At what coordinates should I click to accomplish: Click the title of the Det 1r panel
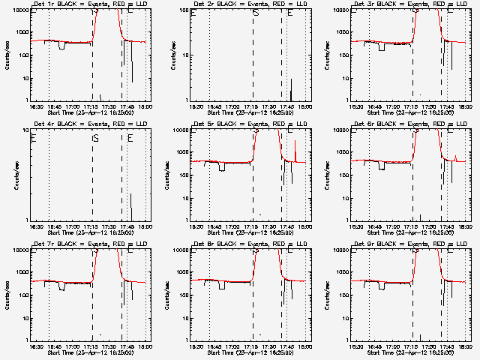tap(89, 5)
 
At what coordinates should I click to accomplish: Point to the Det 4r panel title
tap(89, 125)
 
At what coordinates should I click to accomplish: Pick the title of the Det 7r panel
tap(89, 245)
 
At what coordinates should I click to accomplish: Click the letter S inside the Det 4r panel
tap(95, 139)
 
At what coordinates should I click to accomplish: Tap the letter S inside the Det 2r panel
tap(256, 13)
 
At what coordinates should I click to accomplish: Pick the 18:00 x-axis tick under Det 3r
tap(466, 106)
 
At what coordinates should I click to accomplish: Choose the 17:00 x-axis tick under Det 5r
tap(232, 226)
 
